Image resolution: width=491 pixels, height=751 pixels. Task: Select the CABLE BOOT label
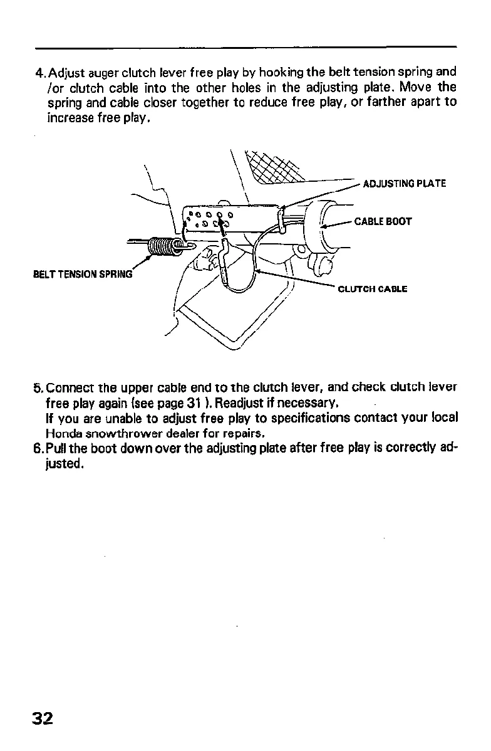383,221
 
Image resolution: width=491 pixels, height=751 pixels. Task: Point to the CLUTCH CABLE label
373,289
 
